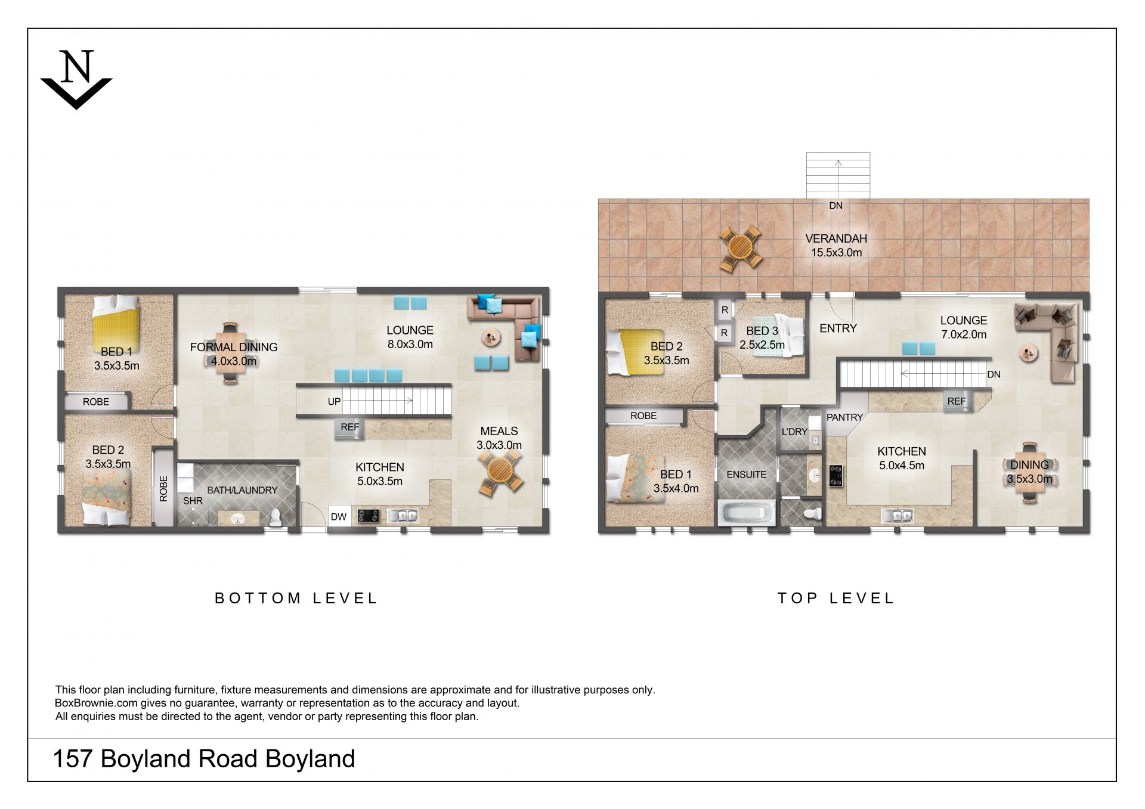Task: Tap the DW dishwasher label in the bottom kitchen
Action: coord(339,517)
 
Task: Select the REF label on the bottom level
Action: coord(350,427)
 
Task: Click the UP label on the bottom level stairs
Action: coord(334,402)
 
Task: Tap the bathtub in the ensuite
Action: coord(746,513)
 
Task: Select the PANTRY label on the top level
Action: coord(844,417)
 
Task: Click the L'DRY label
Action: coord(794,431)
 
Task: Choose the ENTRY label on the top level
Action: coord(838,328)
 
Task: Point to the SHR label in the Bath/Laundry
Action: coord(193,501)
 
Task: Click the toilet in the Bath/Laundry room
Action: coord(276,517)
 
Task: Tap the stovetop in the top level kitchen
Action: coord(835,475)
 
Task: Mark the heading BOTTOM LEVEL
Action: coord(296,598)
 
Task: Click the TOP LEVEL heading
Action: coord(836,598)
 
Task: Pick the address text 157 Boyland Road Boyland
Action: coord(204,759)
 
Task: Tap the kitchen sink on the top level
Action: coord(898,516)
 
